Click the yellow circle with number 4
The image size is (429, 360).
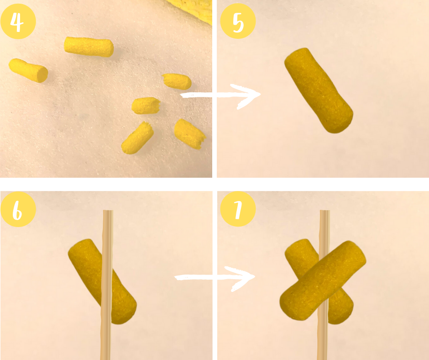click(18, 21)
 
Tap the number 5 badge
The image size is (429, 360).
click(238, 21)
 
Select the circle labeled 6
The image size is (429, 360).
click(18, 209)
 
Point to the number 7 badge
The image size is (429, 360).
click(238, 209)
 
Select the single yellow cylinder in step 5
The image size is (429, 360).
click(319, 90)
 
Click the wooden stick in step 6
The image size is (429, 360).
click(107, 285)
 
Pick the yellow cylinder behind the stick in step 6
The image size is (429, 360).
click(102, 281)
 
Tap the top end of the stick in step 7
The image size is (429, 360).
click(325, 211)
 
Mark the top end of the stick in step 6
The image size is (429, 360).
click(108, 211)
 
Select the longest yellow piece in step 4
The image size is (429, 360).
click(89, 47)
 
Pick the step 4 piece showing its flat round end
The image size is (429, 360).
click(28, 70)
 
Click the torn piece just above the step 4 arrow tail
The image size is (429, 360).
click(177, 81)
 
